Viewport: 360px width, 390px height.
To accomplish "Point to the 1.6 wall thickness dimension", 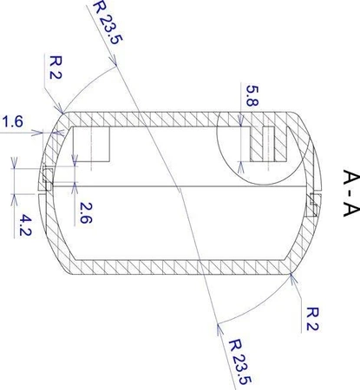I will click(13, 125).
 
